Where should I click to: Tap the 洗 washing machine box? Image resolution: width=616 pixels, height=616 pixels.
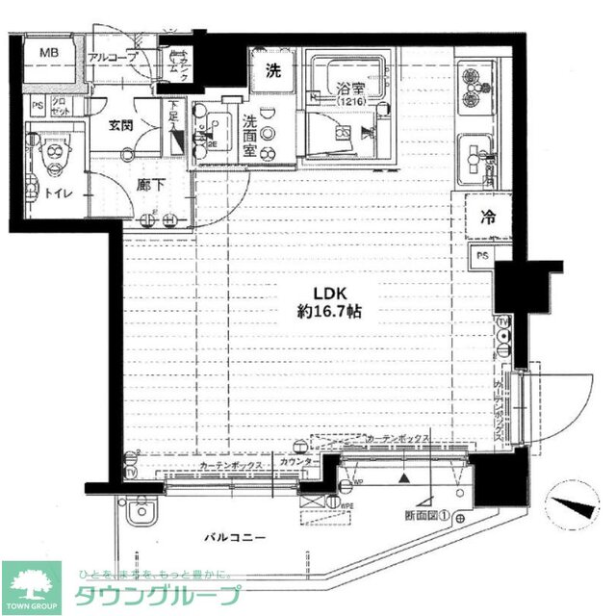[x=273, y=69]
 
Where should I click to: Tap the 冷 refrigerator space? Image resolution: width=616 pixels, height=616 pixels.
[x=488, y=218]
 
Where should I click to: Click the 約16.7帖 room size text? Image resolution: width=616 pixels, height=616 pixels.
[x=328, y=313]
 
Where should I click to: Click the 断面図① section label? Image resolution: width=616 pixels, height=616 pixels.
[x=424, y=516]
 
